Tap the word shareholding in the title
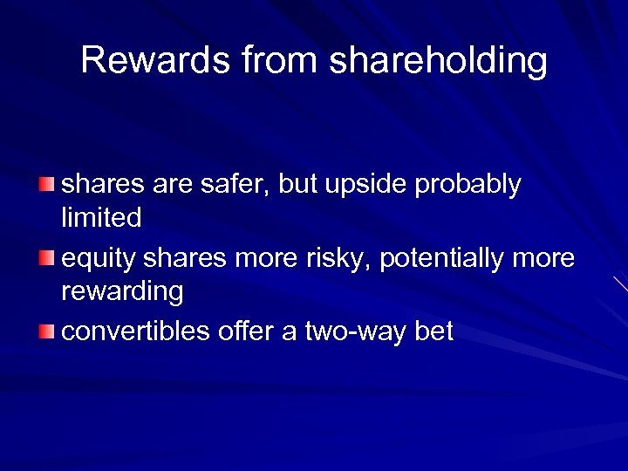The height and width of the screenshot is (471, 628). pos(439,61)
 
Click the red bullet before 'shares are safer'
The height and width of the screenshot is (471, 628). pos(46,185)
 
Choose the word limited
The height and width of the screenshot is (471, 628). pos(101,218)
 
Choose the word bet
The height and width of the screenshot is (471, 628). pos(433,332)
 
